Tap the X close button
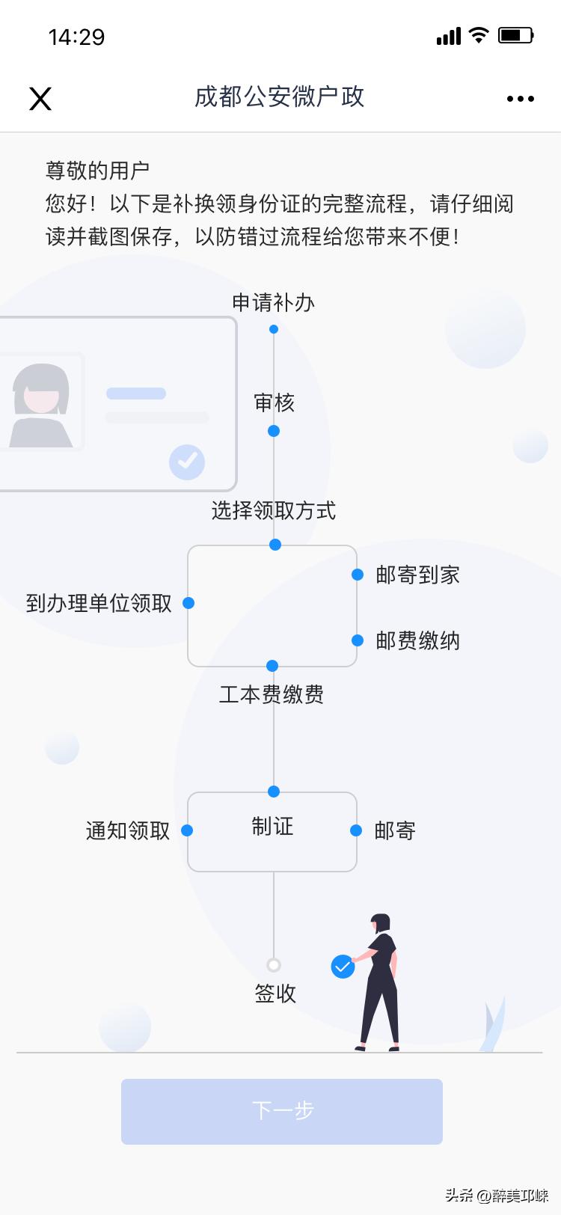click(40, 99)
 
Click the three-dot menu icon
click(520, 99)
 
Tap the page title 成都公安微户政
click(279, 97)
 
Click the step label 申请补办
click(273, 303)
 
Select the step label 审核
click(274, 403)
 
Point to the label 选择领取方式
click(273, 511)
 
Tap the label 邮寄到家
click(417, 575)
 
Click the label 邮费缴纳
click(417, 641)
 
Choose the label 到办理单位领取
click(99, 604)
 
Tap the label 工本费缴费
click(272, 695)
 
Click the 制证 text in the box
click(272, 827)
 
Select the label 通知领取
click(128, 831)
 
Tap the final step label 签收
click(275, 994)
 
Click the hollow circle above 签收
click(274, 965)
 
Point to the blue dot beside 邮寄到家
click(358, 575)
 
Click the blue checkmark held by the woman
click(343, 967)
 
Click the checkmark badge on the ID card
click(187, 462)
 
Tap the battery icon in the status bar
click(515, 35)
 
